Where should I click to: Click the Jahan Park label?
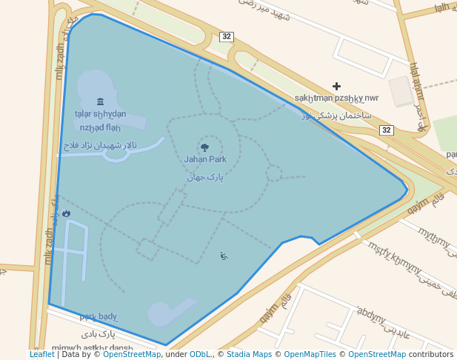[205, 159]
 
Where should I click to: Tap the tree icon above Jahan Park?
[205, 147]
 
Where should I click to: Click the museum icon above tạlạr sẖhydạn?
[101, 101]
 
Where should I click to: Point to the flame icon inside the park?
[67, 213]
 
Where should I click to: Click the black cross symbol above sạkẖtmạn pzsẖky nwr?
[337, 87]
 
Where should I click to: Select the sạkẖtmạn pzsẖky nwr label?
[336, 98]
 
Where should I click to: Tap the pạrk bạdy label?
[99, 317]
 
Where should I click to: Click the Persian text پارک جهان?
[205, 177]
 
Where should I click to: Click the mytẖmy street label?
[435, 238]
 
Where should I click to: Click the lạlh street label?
[442, 7]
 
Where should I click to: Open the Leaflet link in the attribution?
[42, 355]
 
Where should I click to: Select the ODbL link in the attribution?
[200, 355]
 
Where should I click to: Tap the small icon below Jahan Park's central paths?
[224, 256]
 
